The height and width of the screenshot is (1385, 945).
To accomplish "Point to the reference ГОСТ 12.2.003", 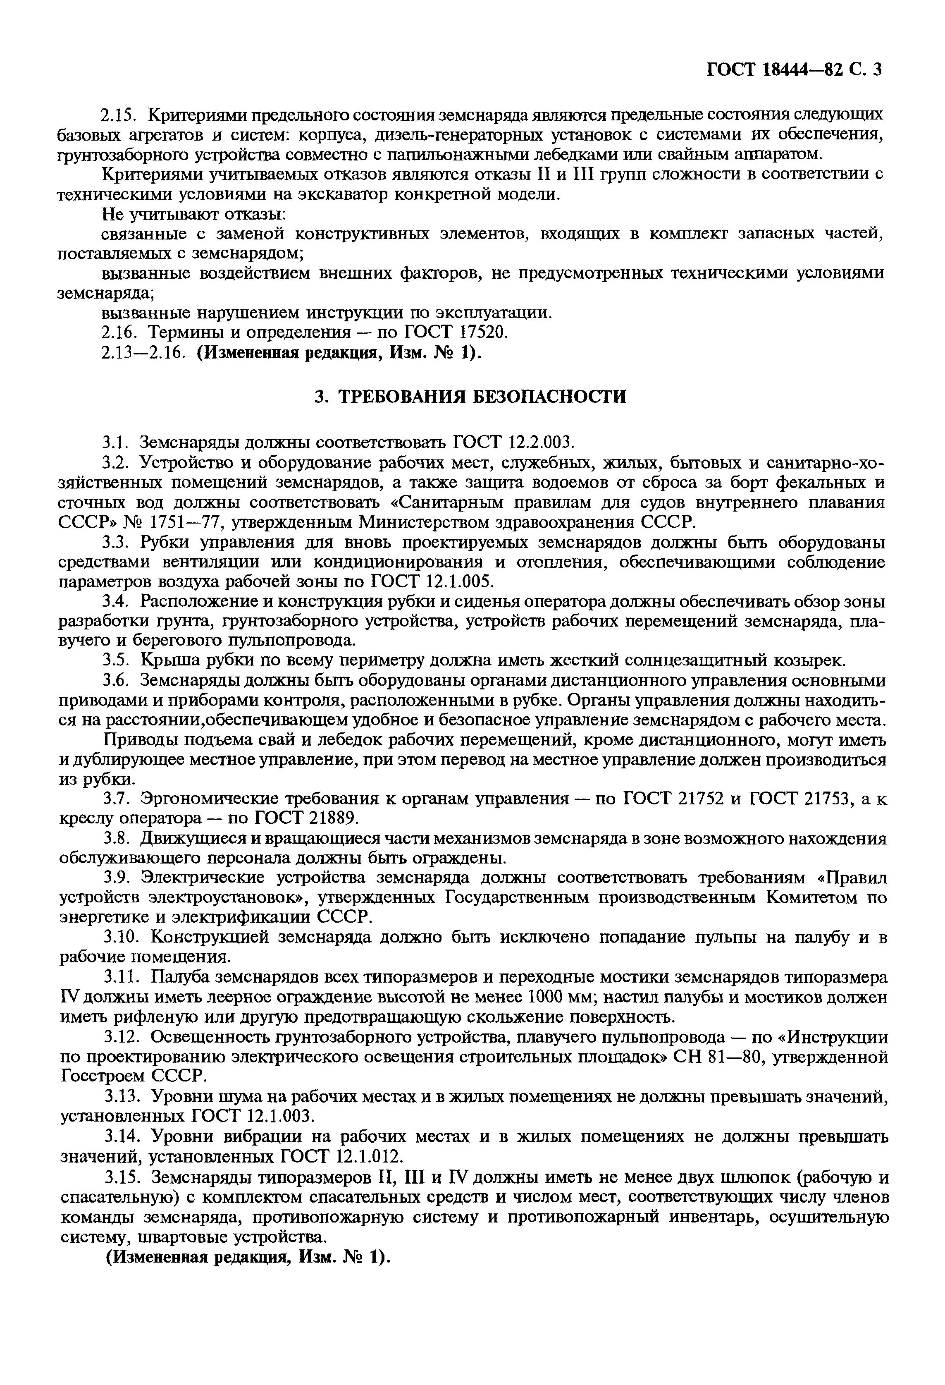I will [x=513, y=443].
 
